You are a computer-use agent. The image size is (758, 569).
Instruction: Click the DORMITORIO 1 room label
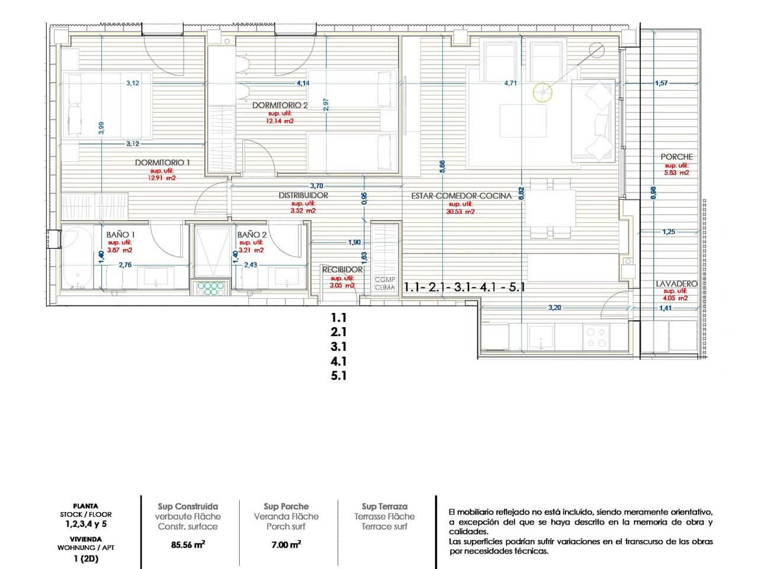coord(162,162)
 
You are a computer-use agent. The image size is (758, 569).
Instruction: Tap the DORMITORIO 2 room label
coord(280,106)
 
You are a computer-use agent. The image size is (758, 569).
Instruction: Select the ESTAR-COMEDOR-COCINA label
coord(461,196)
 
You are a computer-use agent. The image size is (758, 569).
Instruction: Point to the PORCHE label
coord(677,157)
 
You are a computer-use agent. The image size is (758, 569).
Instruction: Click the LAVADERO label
coord(676,284)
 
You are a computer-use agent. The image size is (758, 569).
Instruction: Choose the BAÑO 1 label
coord(121,235)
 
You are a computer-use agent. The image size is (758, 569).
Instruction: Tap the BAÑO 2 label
coord(252,235)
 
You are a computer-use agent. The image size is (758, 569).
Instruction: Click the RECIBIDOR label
coord(342,270)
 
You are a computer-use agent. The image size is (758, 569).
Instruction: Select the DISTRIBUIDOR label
coord(303,195)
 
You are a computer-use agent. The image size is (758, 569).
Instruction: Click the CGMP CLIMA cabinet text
coord(384,283)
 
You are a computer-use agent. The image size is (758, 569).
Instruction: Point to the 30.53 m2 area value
coord(461,211)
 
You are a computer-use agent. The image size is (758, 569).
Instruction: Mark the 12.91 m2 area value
coord(162,177)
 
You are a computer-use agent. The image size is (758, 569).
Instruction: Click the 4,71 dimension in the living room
coord(510,84)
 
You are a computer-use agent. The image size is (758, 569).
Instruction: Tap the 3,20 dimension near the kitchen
coord(554,308)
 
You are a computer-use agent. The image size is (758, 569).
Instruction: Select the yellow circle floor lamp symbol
coord(542,92)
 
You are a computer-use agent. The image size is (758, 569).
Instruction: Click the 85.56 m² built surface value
coord(187,545)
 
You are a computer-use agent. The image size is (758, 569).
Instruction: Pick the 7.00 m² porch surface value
coord(286,545)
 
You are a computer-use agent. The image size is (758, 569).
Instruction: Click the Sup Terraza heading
coord(384,506)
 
